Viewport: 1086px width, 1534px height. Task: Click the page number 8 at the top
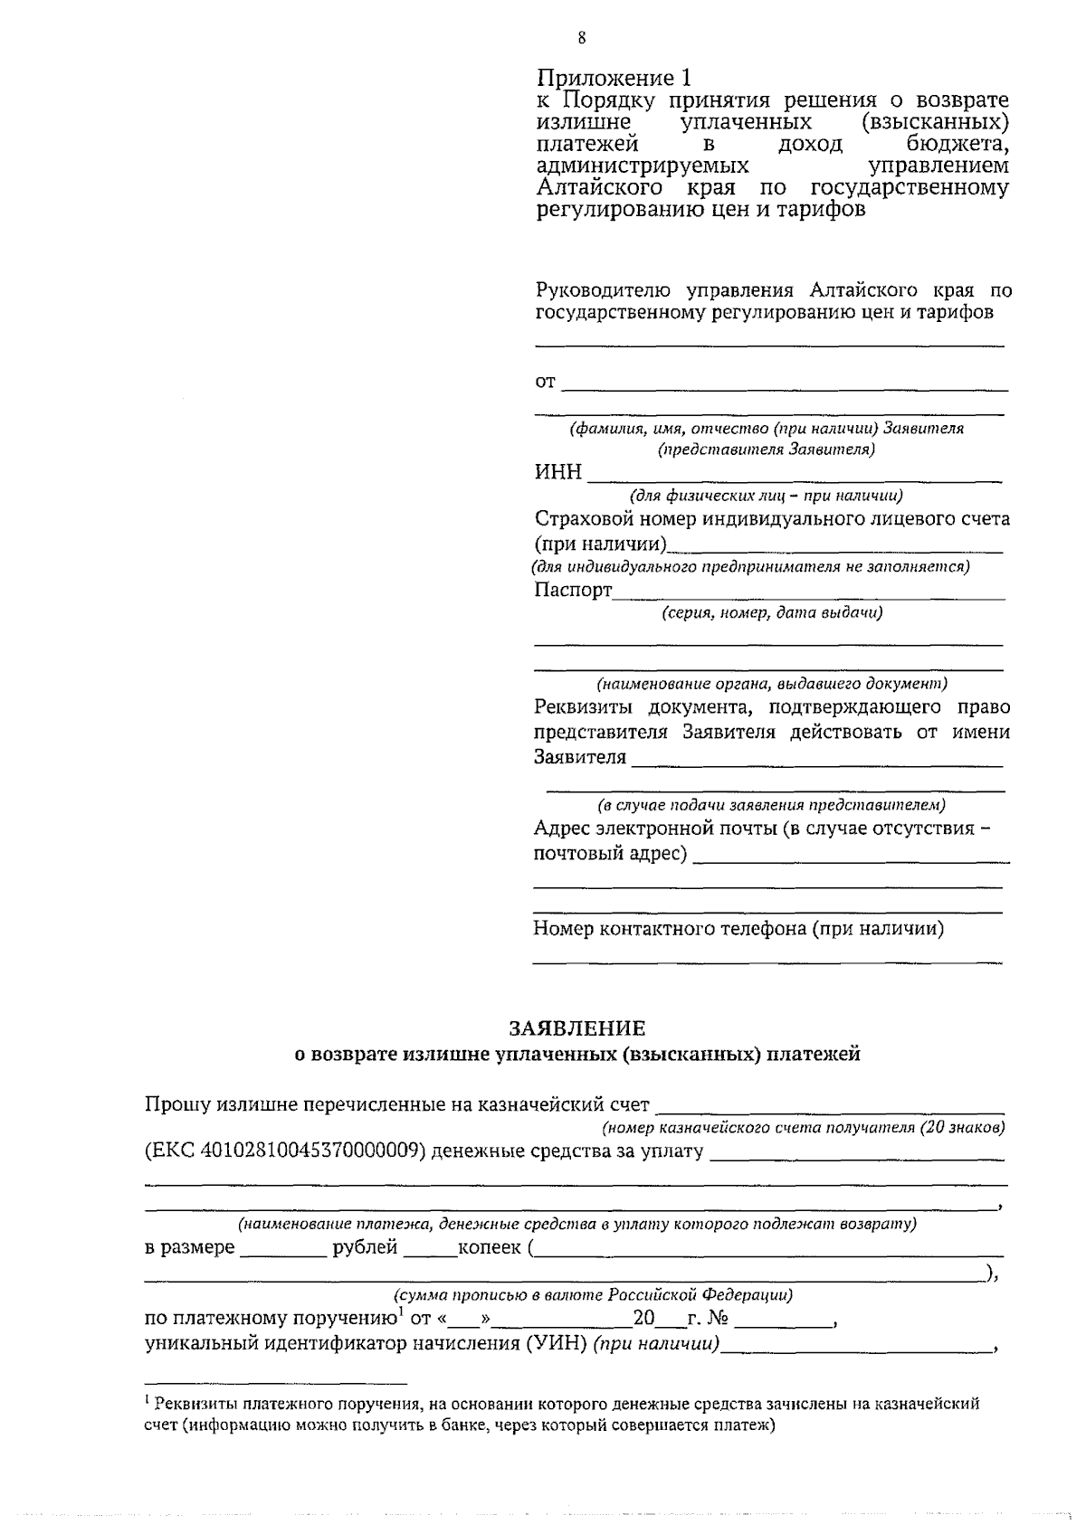click(580, 37)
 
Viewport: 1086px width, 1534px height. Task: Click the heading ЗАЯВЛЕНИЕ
click(577, 1028)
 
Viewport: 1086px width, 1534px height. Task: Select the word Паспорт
click(573, 591)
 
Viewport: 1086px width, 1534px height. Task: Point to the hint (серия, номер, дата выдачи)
click(771, 613)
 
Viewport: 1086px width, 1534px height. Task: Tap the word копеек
click(490, 1248)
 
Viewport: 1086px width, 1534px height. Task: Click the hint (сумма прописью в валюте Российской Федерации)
click(593, 1294)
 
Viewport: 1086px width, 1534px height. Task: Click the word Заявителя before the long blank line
click(580, 757)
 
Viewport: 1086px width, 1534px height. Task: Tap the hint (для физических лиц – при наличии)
click(766, 496)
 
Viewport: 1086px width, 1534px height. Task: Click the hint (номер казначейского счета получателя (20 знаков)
click(804, 1128)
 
